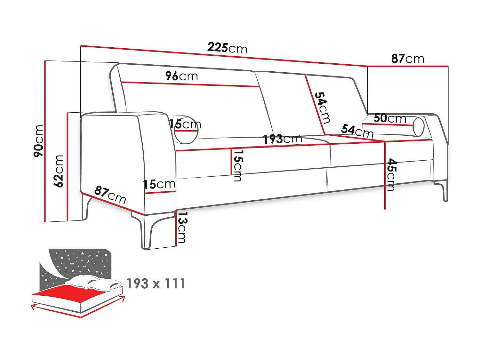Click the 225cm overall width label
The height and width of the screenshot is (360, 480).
227,48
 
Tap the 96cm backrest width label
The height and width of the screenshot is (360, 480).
181,76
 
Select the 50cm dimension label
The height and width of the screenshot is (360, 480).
389,118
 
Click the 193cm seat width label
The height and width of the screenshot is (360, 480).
282,139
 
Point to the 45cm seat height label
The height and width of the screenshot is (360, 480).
391,174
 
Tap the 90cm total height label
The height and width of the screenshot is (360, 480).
38,141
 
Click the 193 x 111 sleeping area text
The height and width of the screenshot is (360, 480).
156,284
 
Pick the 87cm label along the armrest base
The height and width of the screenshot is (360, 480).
110,195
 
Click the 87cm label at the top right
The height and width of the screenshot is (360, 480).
407,59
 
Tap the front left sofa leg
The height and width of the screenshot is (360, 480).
147,232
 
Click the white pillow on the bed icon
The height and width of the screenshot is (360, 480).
96,282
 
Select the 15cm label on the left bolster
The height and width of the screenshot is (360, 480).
185,124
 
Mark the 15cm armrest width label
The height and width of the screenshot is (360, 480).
159,184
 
